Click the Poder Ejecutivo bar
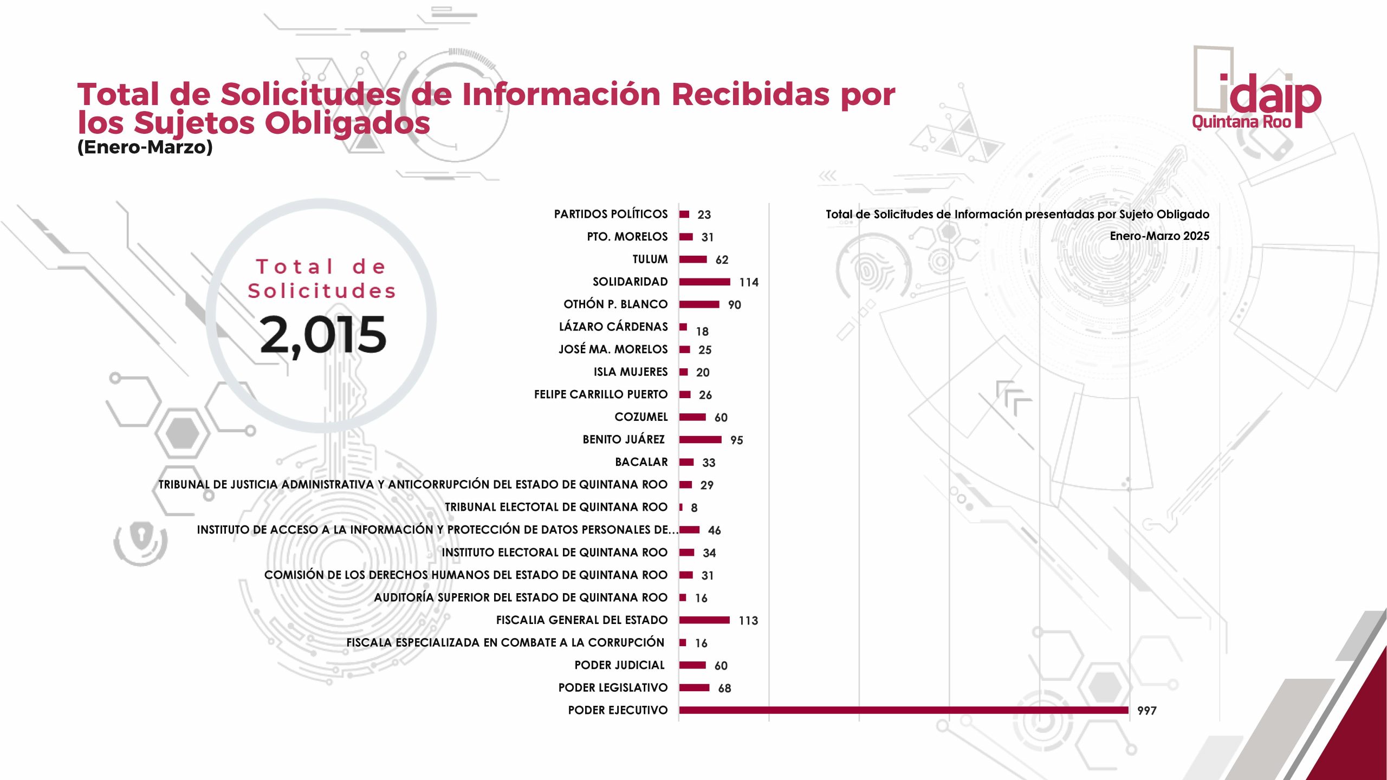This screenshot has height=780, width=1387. pyautogui.click(x=903, y=710)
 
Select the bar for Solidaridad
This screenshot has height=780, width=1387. pyautogui.click(x=704, y=282)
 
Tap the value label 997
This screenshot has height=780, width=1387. pyautogui.click(x=1146, y=711)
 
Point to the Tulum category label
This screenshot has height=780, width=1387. pyautogui.click(x=650, y=259)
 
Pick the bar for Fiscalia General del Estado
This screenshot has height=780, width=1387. pyautogui.click(x=704, y=620)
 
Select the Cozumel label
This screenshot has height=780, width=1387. pyautogui.click(x=641, y=417)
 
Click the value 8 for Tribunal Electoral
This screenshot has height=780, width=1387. pyautogui.click(x=694, y=508)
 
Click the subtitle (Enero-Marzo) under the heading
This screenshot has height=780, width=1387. pyautogui.click(x=145, y=147)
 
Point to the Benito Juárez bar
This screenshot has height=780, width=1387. pyautogui.click(x=700, y=439)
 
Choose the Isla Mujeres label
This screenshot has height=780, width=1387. pyautogui.click(x=630, y=372)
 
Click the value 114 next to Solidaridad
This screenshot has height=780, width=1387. pyautogui.click(x=749, y=282)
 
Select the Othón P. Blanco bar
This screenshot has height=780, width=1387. pyautogui.click(x=699, y=304)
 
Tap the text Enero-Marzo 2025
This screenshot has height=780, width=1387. pyautogui.click(x=1159, y=236)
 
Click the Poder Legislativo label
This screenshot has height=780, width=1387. pyautogui.click(x=613, y=688)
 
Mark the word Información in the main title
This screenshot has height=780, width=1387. pyautogui.click(x=561, y=95)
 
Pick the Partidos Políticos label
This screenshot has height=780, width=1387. pyautogui.click(x=611, y=214)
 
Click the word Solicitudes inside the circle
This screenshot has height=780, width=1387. pyautogui.click(x=322, y=291)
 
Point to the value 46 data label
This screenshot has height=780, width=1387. pyautogui.click(x=714, y=530)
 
